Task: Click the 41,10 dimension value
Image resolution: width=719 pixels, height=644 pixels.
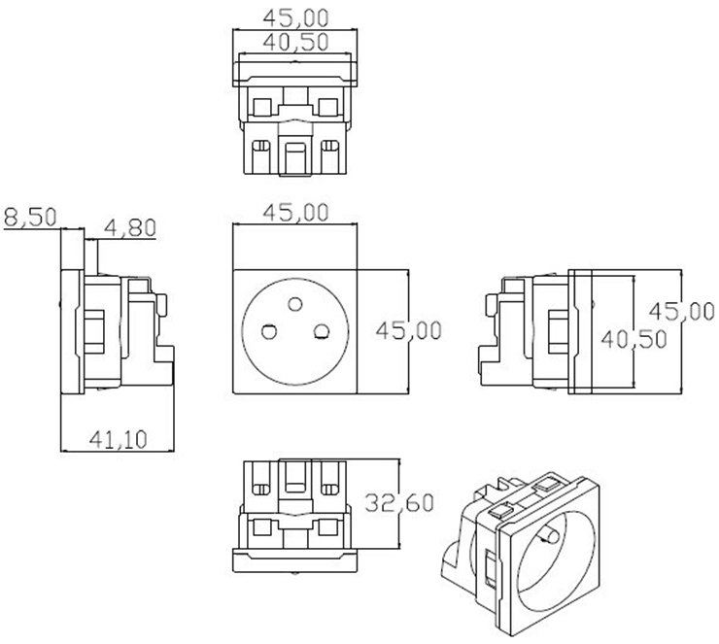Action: tap(118, 440)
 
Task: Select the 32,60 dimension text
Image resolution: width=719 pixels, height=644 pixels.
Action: tap(398, 503)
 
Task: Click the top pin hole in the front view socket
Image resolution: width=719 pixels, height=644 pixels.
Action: tap(291, 304)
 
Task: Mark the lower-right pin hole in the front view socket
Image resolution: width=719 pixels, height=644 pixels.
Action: tap(318, 333)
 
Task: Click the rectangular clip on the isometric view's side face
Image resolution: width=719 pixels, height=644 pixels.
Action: tap(488, 567)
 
